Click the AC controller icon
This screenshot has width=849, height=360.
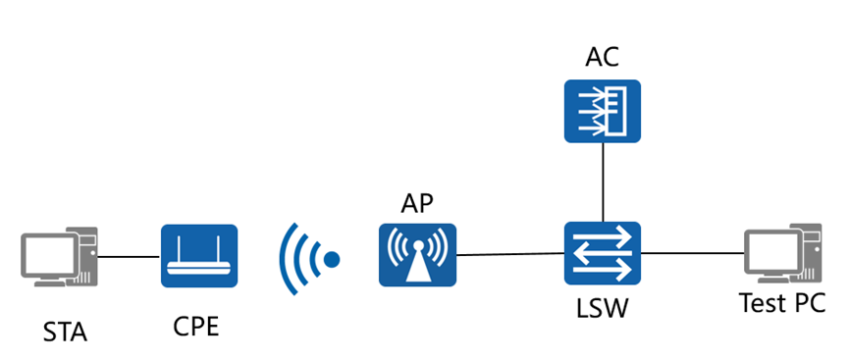pos(603,112)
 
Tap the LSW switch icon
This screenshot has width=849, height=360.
pos(603,253)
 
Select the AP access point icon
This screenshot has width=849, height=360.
pos(417,255)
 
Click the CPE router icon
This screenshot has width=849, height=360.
pos(199,256)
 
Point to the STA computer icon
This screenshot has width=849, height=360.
pos(60,257)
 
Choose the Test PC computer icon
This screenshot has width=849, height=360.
pos(783,253)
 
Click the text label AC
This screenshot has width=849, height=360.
pos(602,57)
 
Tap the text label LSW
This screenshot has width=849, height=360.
pos(602,307)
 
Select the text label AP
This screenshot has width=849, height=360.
pos(417,204)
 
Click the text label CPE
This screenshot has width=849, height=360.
pos(196,326)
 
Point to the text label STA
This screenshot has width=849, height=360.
pos(65,332)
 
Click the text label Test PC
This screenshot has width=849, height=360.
pos(782,303)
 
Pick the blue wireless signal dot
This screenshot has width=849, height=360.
pos(332,259)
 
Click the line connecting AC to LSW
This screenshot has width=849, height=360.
pos(603,182)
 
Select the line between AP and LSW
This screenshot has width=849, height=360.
pos(510,254)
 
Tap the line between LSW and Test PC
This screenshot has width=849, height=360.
pos(693,253)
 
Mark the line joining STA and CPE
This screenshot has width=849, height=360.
pos(130,256)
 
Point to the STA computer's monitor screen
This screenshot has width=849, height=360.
pos(49,254)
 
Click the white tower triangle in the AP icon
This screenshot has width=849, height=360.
pos(417,265)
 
